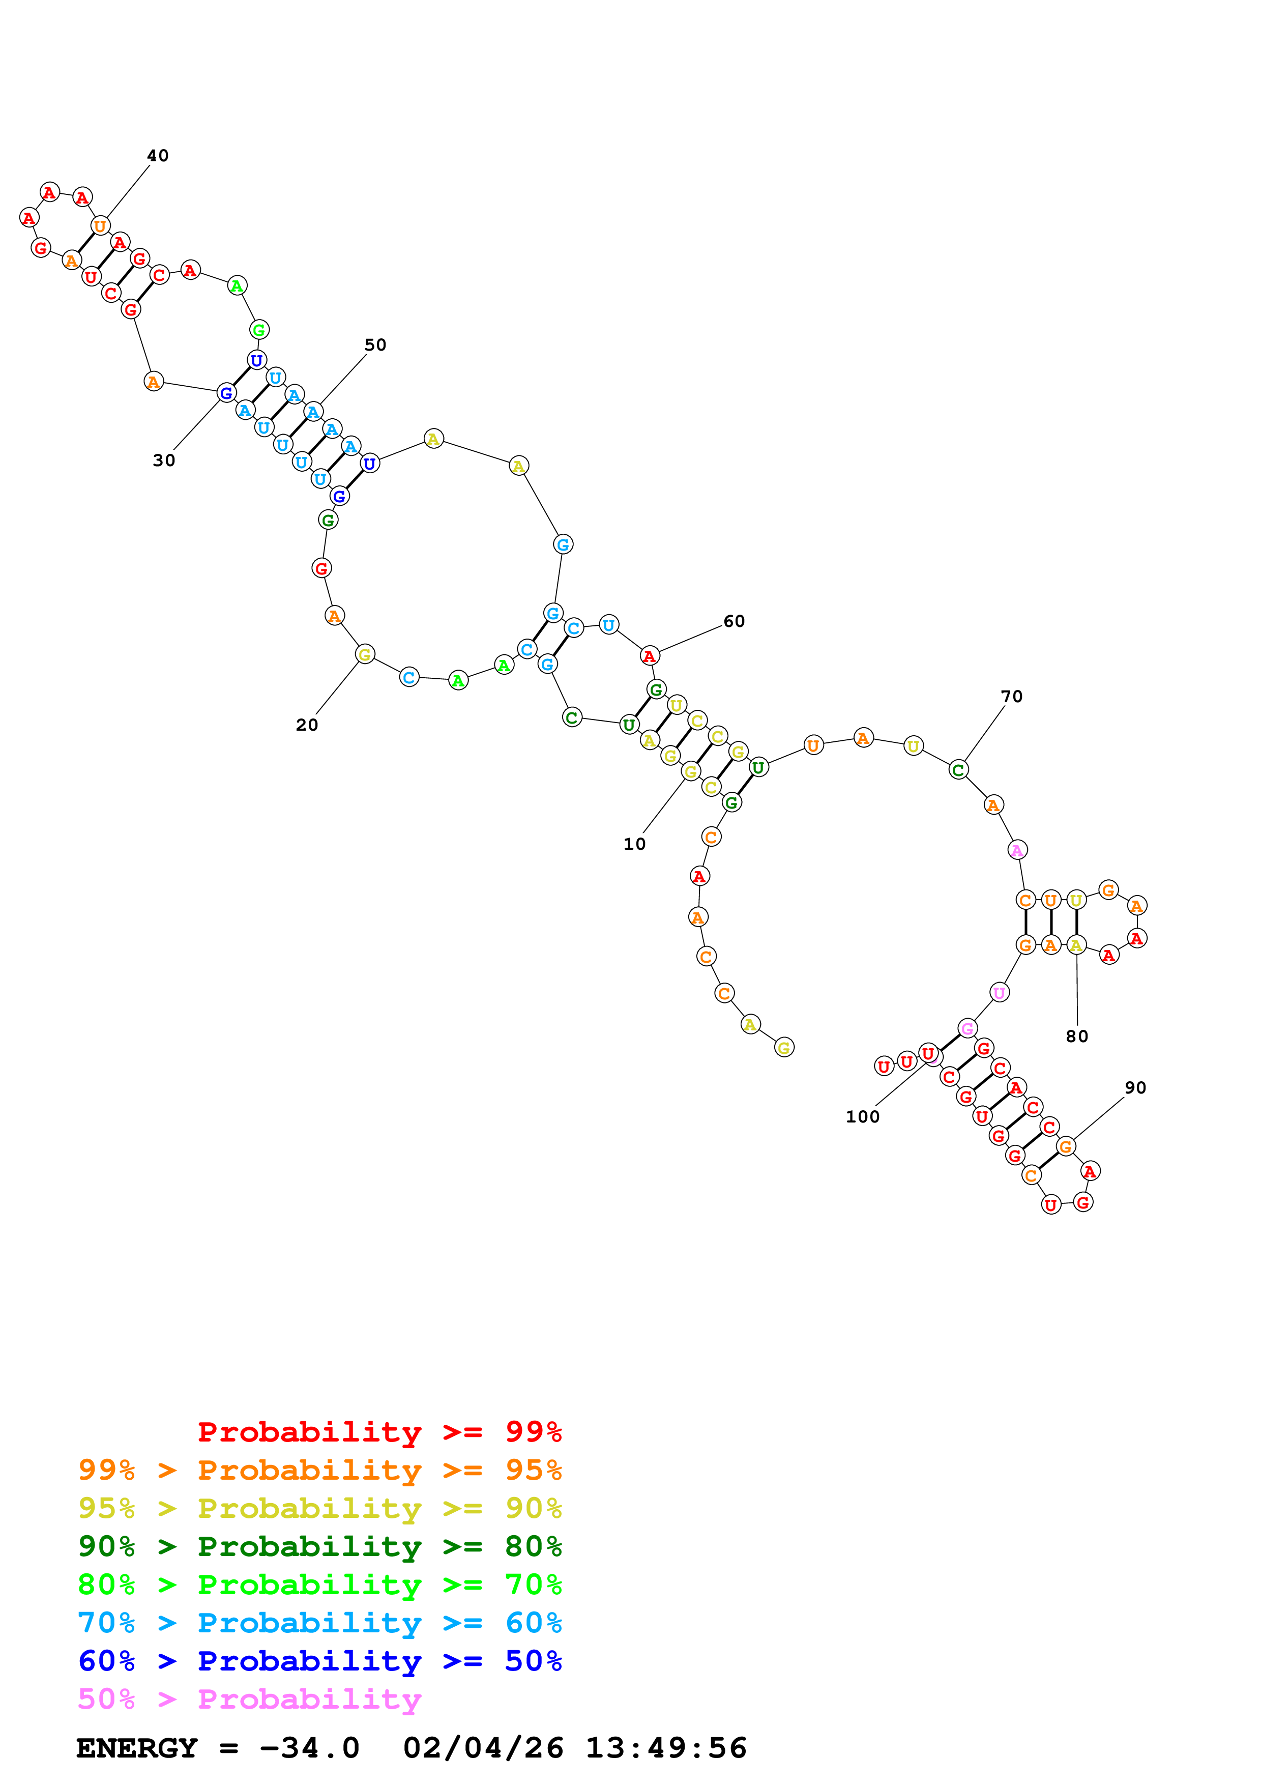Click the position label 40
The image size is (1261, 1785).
point(158,156)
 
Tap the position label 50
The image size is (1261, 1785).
point(375,344)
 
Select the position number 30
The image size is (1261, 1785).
point(164,460)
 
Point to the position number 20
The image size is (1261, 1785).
point(307,725)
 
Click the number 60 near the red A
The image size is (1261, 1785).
point(734,621)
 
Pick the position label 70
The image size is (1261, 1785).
point(1012,697)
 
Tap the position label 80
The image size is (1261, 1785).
point(1077,1037)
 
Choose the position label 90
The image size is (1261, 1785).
point(1135,1087)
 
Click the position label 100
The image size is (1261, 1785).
point(862,1117)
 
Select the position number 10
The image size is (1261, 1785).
point(634,844)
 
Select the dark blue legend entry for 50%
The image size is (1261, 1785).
point(320,1661)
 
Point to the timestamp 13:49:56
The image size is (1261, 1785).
point(666,1748)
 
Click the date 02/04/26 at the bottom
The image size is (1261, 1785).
point(483,1748)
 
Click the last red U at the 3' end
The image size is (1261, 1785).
point(884,1066)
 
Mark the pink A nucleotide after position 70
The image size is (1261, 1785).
point(1017,850)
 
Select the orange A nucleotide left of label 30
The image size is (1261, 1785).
point(154,382)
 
